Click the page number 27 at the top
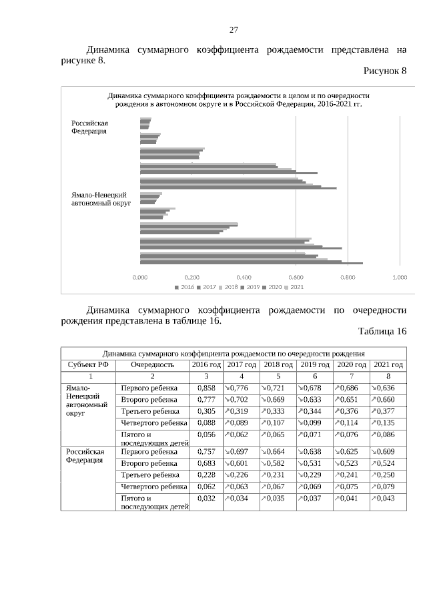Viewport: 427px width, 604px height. click(234, 30)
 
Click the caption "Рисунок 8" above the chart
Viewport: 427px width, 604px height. click(384, 71)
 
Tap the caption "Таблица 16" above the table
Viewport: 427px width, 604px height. click(382, 331)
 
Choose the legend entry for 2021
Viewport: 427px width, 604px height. click(294, 287)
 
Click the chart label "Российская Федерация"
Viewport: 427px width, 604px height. click(89, 127)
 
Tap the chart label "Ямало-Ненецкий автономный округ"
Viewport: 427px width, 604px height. click(99, 198)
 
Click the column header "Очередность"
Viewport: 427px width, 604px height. click(152, 364)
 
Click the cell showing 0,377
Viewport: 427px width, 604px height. click(388, 412)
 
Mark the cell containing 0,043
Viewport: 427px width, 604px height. click(388, 499)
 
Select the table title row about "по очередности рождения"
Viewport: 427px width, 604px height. click(234, 352)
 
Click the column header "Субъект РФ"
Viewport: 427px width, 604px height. click(88, 364)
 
